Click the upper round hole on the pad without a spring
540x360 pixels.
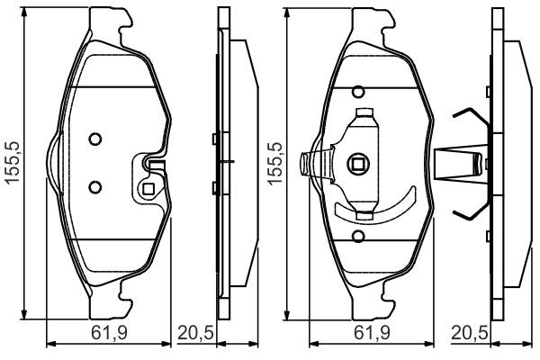(95, 139)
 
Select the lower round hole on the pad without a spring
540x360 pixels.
(95, 187)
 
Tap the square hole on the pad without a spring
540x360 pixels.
(148, 189)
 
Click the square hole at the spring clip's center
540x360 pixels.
(358, 165)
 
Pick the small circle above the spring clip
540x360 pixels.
(358, 92)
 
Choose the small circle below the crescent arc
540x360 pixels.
(358, 236)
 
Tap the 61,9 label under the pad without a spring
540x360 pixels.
(110, 333)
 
